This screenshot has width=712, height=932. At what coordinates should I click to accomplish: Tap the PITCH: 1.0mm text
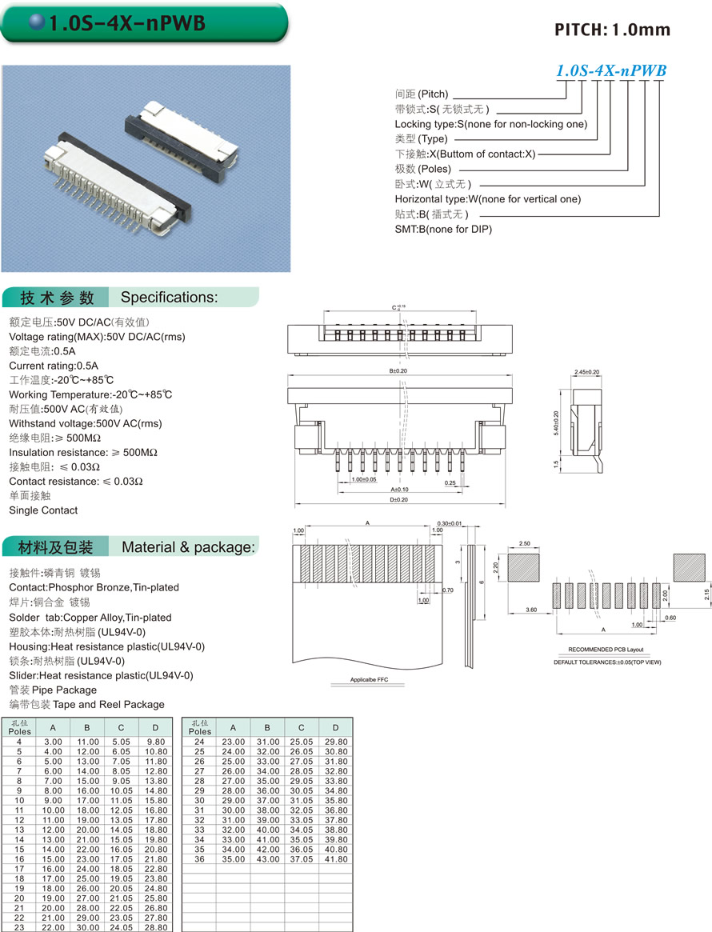tap(612, 30)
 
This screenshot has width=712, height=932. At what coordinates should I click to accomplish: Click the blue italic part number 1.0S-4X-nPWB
tap(611, 70)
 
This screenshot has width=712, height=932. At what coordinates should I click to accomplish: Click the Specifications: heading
tap(169, 298)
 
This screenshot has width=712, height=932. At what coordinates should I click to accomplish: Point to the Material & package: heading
tap(188, 547)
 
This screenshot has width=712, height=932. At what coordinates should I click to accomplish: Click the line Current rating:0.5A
tap(54, 366)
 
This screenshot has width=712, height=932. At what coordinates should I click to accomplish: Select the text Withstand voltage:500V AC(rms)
tap(85, 423)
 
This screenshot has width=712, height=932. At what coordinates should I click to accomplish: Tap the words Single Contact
tap(43, 510)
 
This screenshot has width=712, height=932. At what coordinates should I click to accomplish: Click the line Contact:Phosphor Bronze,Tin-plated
tap(94, 587)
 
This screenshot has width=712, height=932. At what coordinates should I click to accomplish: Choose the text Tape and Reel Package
tap(110, 704)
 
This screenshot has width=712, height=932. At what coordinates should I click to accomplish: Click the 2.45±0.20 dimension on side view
tap(587, 372)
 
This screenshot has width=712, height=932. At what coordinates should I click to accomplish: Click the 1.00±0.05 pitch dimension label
tap(363, 480)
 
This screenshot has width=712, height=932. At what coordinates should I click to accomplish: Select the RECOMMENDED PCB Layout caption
tap(605, 650)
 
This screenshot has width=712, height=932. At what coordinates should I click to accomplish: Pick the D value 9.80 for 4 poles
tap(155, 742)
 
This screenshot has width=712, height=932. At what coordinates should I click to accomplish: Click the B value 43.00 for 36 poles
tap(267, 859)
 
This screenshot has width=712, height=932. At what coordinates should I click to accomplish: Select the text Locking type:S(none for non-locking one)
tap(490, 124)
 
